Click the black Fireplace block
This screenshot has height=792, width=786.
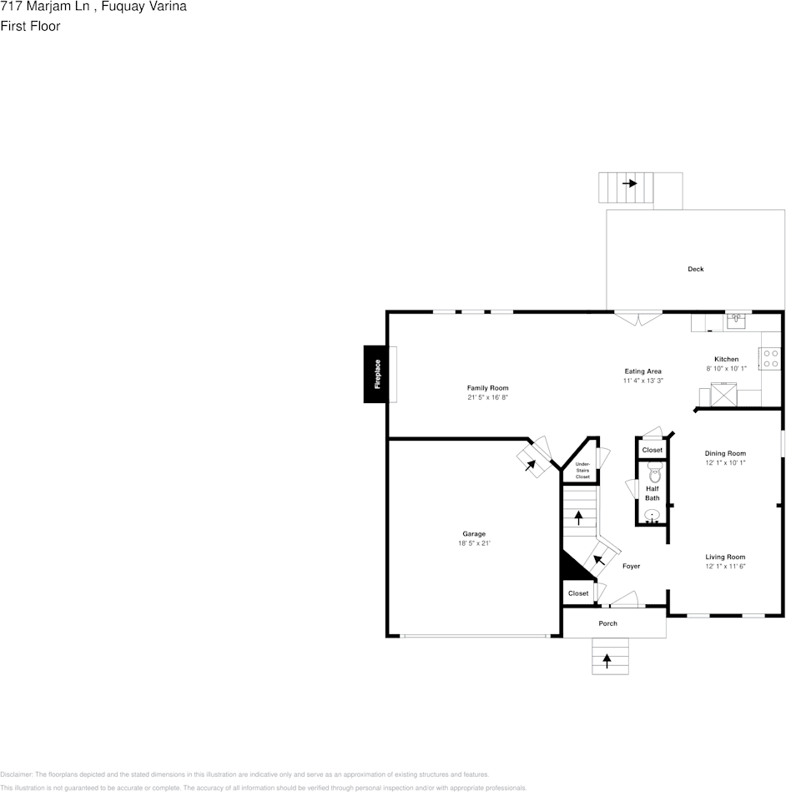[x=377, y=374]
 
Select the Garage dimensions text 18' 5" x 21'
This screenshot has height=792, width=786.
[x=474, y=543]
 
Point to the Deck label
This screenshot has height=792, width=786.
[x=695, y=269]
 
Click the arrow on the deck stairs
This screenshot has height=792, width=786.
[x=629, y=183]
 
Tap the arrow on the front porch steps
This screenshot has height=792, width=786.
[x=607, y=660]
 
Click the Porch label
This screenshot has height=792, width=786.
[x=607, y=623]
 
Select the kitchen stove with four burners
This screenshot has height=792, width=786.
[x=769, y=359]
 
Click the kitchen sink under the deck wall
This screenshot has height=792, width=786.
[x=737, y=319]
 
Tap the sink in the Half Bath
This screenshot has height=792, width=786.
[x=652, y=515]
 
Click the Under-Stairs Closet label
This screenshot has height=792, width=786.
[x=582, y=471]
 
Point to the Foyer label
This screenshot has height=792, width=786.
[x=631, y=566]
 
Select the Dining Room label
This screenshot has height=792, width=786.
[x=725, y=453]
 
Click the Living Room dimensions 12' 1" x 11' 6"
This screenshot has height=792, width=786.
[x=725, y=567]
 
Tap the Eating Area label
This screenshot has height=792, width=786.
[x=642, y=371]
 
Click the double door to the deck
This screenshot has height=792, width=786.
[x=638, y=318]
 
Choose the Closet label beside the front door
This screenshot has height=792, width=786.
[x=578, y=593]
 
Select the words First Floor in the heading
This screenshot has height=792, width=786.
[x=30, y=26]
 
